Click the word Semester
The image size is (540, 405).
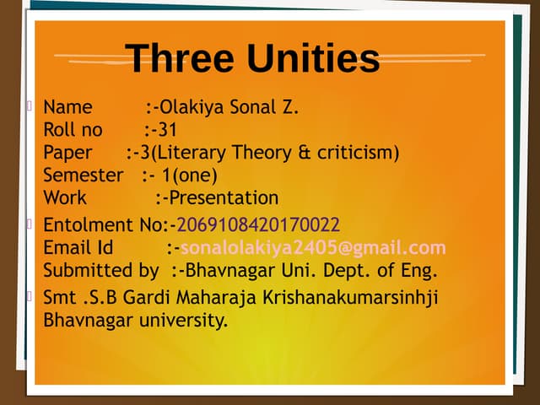[83, 175]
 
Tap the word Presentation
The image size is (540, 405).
[224, 198]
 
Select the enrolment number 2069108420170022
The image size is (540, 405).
[258, 224]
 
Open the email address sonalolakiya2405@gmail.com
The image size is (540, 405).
[313, 247]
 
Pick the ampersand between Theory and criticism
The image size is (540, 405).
[305, 153]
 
